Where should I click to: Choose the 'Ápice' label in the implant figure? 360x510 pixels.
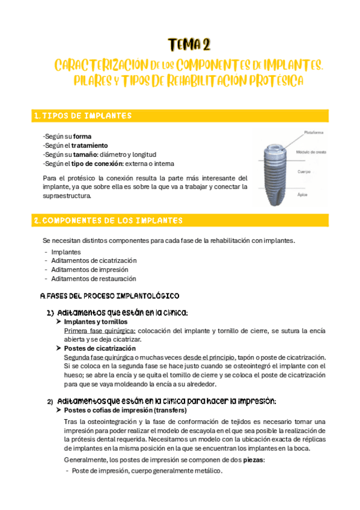pyautogui.click(x=303, y=195)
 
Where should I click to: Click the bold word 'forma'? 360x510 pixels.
pyautogui.click(x=82, y=137)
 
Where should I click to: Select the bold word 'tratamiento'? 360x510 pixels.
pyautogui.click(x=90, y=146)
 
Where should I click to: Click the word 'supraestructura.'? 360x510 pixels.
pyautogui.click(x=68, y=195)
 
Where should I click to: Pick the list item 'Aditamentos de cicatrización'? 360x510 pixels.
pyautogui.click(x=94, y=260)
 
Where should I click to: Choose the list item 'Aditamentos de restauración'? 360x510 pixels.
pyautogui.click(x=93, y=278)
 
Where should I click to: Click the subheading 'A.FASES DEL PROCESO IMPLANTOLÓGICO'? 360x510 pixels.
pyautogui.click(x=109, y=296)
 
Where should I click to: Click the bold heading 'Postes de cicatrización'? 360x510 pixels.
pyautogui.click(x=99, y=348)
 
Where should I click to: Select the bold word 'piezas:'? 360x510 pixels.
pyautogui.click(x=253, y=459)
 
